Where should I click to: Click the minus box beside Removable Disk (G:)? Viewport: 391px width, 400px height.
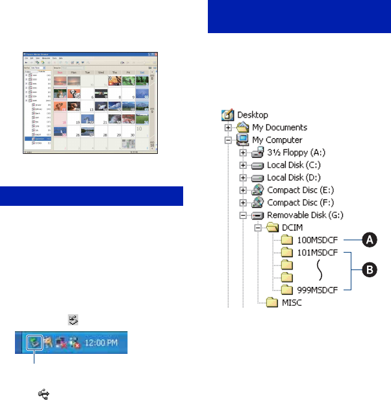243,216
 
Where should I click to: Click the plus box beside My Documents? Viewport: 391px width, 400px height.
228,129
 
